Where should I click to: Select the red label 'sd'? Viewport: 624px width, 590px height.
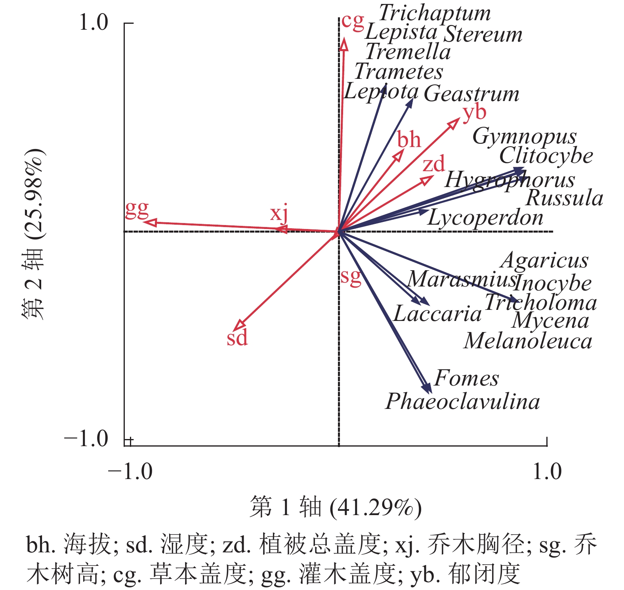point(237,338)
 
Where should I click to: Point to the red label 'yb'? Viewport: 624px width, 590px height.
point(474,113)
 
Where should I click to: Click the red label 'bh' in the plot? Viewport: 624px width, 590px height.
point(409,139)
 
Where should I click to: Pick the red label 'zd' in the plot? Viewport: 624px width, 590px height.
point(433,164)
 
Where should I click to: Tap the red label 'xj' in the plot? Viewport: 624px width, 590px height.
point(279,214)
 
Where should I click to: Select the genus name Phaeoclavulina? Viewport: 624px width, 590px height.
point(462,401)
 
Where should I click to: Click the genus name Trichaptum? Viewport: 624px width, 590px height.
point(435,13)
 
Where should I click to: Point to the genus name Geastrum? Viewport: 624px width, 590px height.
point(471,94)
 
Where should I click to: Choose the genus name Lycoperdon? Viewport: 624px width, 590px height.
point(485,218)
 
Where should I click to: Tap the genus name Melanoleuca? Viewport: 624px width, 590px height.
point(528,341)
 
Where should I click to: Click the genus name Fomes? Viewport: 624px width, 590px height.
point(466,378)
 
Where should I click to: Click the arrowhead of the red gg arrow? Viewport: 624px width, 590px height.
point(149,222)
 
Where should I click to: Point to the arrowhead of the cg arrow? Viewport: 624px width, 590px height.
point(344,44)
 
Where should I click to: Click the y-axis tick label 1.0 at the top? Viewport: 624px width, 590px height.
point(94,23)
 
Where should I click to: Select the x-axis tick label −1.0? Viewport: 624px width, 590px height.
point(130,472)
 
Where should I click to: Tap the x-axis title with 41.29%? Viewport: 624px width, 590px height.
point(335,507)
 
